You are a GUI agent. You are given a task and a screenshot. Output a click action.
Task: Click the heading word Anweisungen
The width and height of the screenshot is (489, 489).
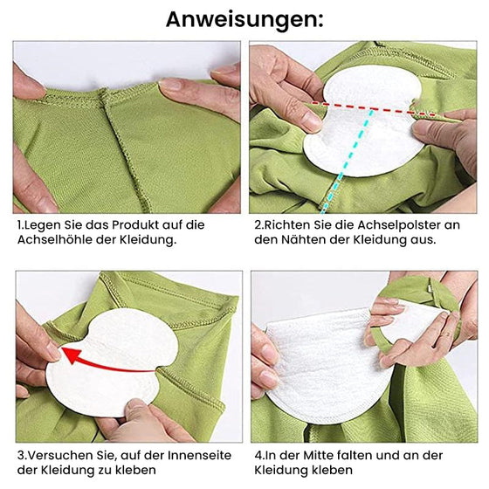[244, 18]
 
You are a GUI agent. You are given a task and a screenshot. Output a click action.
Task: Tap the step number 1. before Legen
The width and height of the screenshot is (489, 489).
[21, 224]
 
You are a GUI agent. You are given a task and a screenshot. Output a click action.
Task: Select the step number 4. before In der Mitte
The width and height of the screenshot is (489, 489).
[258, 456]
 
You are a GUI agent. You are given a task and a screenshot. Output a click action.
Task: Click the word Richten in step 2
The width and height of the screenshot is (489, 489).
[289, 224]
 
